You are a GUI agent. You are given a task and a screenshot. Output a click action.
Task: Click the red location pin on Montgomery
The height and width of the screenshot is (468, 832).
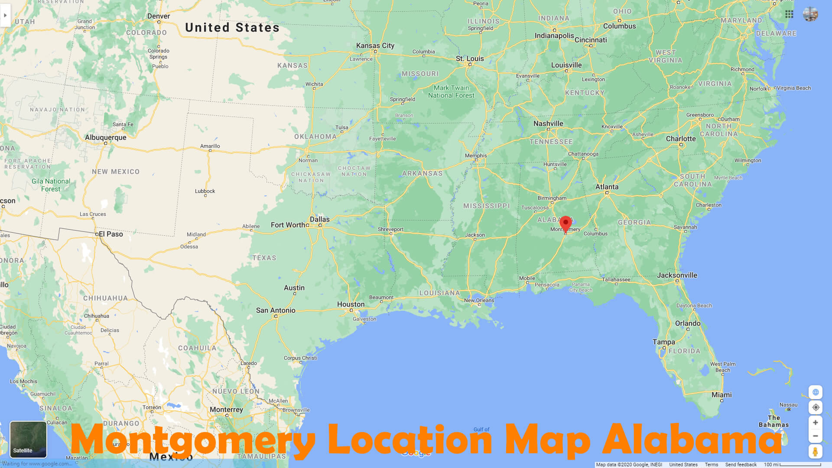565,223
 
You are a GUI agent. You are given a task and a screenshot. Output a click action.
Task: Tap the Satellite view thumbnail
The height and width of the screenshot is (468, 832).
28,439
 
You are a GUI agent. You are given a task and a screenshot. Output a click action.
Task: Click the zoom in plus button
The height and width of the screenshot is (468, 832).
815,422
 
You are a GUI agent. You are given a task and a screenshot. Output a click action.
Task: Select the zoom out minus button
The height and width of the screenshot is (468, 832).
815,436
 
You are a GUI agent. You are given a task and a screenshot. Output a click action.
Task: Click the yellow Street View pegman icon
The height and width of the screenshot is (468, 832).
815,452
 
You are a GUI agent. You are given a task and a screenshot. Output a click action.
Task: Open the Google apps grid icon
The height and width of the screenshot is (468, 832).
789,14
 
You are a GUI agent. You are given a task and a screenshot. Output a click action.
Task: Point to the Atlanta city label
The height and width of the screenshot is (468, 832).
607,187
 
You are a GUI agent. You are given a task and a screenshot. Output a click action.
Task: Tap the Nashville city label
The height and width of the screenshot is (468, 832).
548,123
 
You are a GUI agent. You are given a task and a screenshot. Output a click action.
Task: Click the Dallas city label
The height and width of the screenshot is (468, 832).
319,219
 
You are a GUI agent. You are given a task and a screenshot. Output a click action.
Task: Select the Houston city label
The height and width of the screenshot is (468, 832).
351,304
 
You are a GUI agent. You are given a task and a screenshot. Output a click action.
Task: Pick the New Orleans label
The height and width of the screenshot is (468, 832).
479,300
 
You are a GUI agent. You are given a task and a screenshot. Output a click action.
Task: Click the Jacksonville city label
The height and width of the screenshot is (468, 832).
677,275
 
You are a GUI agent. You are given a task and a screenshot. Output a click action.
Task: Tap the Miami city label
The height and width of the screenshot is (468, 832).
721,395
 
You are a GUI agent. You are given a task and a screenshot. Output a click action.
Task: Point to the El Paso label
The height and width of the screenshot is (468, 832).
111,234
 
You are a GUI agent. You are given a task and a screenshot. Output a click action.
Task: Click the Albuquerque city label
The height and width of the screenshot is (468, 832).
106,137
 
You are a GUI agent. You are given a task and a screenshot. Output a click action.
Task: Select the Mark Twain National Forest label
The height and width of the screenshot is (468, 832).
451,91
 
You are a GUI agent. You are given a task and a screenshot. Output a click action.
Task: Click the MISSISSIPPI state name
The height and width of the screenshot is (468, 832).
486,206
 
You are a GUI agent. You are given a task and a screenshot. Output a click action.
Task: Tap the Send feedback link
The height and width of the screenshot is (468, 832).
741,465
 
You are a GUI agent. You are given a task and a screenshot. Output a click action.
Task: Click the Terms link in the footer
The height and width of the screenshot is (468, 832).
711,465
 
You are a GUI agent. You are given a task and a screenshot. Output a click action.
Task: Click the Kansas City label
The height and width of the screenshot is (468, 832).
375,45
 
